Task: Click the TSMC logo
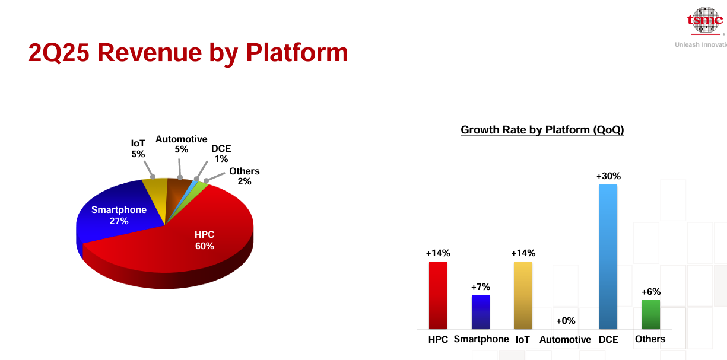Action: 705,20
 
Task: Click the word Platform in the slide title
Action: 297,53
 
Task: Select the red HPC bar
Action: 438,295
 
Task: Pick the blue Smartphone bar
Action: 480,312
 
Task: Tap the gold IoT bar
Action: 522,295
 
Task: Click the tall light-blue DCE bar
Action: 608,257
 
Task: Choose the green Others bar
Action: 650,314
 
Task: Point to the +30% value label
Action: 608,176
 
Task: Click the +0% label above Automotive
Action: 566,321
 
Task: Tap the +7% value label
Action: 481,287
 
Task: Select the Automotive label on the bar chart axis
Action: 565,340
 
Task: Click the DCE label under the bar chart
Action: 608,340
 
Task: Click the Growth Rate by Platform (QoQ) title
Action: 542,130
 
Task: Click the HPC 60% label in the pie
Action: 205,240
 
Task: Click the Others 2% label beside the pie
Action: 245,176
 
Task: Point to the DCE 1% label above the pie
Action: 221,154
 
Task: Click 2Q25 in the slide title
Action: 59,53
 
